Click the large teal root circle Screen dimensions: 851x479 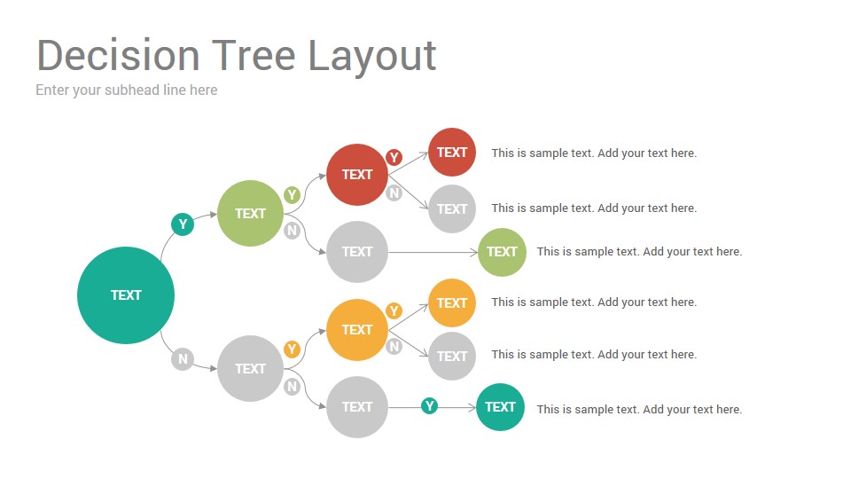point(126,295)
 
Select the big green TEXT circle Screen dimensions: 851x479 point(250,214)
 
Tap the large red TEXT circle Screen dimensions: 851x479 point(357,175)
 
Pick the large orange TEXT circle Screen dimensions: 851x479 point(357,330)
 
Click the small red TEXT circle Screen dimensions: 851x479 point(452,152)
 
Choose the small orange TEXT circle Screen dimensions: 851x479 point(452,302)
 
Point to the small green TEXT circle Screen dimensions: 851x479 point(502,252)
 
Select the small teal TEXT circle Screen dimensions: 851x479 point(500,407)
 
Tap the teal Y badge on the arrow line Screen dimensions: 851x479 point(429,405)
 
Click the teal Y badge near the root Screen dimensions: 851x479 point(183,224)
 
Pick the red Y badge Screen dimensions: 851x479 point(394,158)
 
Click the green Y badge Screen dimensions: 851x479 point(292,194)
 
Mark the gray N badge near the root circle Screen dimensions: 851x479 point(183,359)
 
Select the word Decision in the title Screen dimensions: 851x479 point(118,55)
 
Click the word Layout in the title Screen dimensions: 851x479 point(372,57)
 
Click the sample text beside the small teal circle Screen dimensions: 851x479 point(639,410)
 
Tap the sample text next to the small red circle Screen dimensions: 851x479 point(594,153)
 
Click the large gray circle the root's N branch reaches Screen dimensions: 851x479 point(250,369)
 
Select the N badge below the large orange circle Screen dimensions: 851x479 point(394,347)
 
